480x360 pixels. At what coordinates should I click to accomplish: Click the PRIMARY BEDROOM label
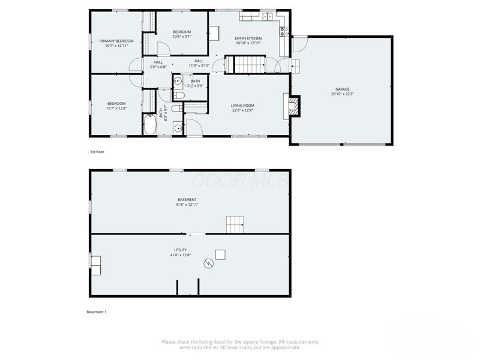point(116,41)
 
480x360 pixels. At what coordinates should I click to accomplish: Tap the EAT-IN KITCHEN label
point(248,38)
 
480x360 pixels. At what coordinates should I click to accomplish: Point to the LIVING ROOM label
point(243,106)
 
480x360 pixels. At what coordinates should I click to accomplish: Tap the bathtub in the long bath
point(149,125)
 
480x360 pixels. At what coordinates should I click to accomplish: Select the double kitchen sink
point(266,16)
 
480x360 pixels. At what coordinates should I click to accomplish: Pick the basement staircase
point(235,225)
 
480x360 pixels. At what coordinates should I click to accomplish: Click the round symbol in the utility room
point(208,263)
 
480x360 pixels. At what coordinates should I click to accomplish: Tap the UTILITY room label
point(181,250)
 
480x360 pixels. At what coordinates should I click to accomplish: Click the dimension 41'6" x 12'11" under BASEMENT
point(187,205)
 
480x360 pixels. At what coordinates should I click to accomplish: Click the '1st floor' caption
point(97,152)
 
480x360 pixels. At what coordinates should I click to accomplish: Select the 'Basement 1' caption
point(97,312)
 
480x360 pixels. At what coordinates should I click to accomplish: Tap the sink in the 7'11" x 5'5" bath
point(178,82)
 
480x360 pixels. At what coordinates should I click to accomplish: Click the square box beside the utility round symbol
point(221,254)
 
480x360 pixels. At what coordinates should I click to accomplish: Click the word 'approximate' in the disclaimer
point(286,347)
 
